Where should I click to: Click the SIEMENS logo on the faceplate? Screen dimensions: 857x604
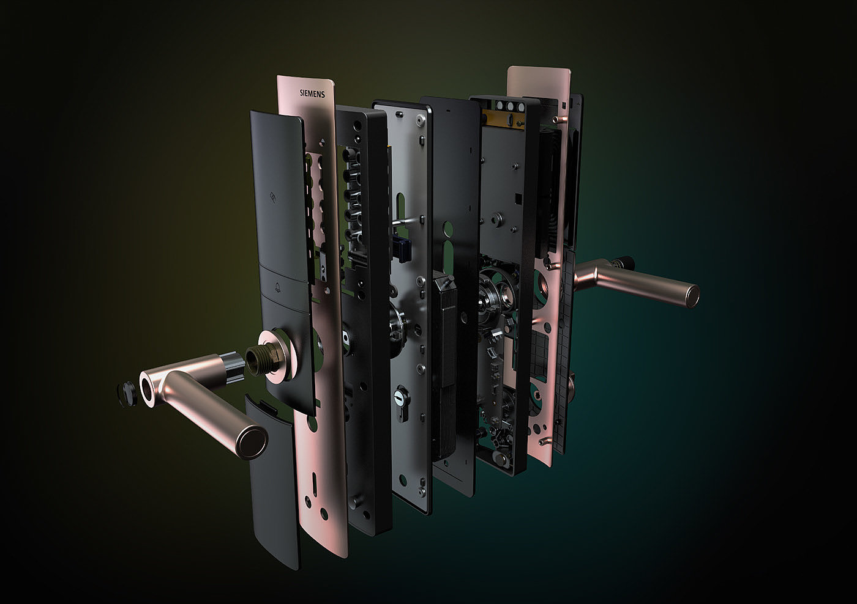312,94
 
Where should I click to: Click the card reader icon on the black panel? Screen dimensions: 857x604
273,197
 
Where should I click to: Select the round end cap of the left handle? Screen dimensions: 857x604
252,443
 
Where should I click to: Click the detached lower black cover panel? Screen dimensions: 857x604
273,482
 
